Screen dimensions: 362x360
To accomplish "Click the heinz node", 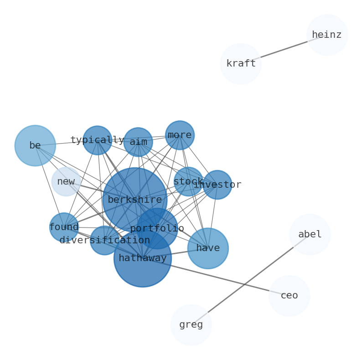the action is coord(327,35).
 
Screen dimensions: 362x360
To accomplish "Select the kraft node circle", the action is coord(241,64).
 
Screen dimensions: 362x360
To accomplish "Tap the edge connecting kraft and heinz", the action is coord(284,49).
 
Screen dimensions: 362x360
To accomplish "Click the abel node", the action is coord(310,235).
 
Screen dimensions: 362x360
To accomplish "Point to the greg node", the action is coord(191,325).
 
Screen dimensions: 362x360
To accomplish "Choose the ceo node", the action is coord(289,296).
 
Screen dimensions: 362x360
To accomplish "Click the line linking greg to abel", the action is coord(250,280).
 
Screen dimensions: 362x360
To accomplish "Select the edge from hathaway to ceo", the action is coord(216,277).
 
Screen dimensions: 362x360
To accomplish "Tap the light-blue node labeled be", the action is coord(35,146).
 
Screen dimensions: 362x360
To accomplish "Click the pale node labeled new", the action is coord(66,182).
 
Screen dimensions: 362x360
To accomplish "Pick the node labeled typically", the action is coord(98,140).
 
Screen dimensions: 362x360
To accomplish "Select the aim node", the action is coord(138,142).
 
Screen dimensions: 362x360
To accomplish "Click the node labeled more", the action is coord(180,135).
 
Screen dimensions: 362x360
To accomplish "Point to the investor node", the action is coord(217,185).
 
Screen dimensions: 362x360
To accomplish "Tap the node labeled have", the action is coord(208,248).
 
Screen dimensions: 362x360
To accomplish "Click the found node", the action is coord(64,227).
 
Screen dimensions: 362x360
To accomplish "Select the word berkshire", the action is coord(135,200).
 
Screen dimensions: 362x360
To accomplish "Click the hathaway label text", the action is coord(143,258).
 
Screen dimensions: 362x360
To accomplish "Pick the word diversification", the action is coord(105,241).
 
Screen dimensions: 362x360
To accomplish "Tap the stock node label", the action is coord(188,182).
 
